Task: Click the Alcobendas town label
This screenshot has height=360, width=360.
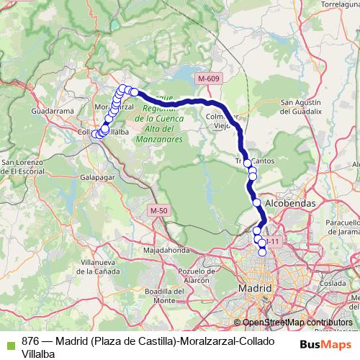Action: (290, 204)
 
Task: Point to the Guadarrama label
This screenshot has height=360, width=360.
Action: (53, 112)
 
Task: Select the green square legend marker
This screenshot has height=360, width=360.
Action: (9, 343)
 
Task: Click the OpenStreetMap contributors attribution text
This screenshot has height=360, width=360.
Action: (297, 323)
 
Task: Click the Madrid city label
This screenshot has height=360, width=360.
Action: (254, 288)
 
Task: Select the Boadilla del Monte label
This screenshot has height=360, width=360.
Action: (159, 294)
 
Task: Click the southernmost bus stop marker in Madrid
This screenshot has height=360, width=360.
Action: (262, 251)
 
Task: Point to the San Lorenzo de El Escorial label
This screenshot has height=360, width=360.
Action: (23, 168)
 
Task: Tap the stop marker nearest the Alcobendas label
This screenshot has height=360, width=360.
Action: (257, 203)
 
